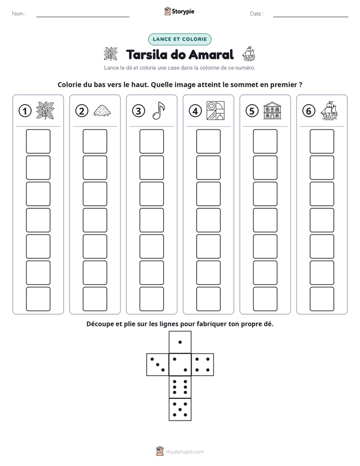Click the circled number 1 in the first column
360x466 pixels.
click(25, 111)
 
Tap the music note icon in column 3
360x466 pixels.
click(158, 110)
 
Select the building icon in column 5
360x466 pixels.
click(272, 110)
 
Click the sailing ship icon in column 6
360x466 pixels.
click(329, 110)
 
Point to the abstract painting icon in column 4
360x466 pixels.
click(215, 110)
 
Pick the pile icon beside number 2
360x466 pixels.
click(102, 110)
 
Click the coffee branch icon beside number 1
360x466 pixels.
click(45, 110)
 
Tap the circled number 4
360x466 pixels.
click(195, 111)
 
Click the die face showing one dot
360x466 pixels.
click(180, 342)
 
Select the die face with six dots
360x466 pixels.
click(180, 387)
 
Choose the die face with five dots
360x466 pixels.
click(180, 410)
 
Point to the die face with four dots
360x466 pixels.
click(203, 365)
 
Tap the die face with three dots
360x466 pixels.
click(158, 365)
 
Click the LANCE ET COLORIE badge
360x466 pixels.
click(179, 39)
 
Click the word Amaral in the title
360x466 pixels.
click(211, 54)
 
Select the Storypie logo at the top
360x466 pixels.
click(179, 11)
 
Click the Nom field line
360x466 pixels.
click(83, 17)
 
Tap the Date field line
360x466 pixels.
click(311, 17)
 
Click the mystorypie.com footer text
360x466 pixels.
click(185, 452)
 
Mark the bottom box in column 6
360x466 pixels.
click(322, 299)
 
